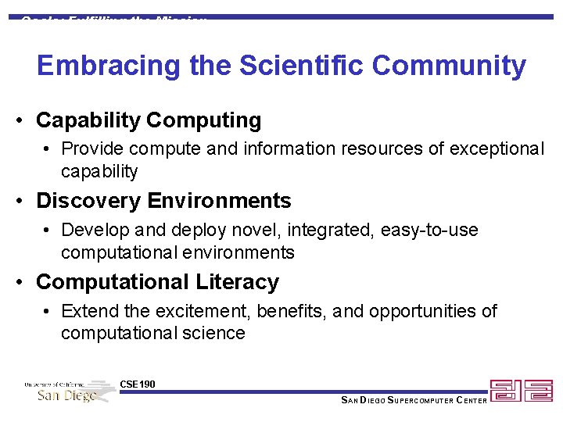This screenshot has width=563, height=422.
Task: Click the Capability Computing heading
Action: pos(149,120)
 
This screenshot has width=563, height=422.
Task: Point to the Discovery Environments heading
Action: pos(163,201)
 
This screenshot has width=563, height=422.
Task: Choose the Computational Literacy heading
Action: pos(157,281)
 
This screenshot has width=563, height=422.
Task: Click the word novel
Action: pos(264,231)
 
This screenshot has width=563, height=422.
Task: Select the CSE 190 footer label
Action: pos(138,384)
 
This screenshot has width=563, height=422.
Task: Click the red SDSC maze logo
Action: pos(521,391)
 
